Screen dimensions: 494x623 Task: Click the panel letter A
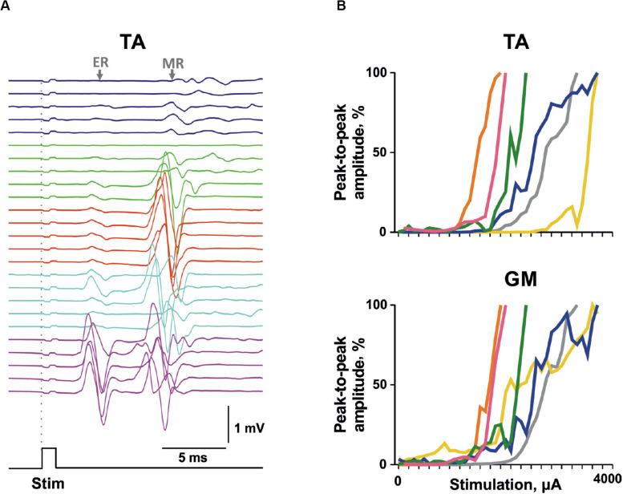pyautogui.click(x=6, y=6)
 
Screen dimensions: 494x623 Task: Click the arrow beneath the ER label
pyautogui.click(x=99, y=74)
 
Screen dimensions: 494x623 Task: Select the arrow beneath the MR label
pyautogui.click(x=172, y=74)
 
